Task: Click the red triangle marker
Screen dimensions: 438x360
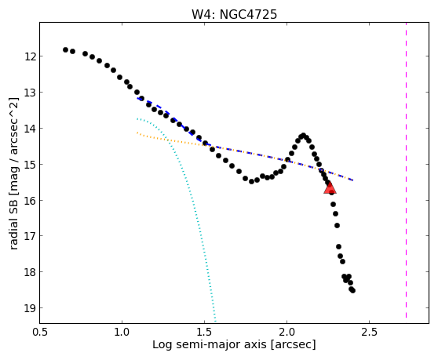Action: pos(330,188)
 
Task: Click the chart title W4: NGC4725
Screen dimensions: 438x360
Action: pos(234,15)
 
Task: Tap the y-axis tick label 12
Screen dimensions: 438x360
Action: pos(30,56)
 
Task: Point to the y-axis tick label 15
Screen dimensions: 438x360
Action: pos(30,165)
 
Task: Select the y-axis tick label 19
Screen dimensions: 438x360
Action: pos(30,308)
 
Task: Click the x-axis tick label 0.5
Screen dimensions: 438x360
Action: pos(40,332)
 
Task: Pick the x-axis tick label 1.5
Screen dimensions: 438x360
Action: pos(204,332)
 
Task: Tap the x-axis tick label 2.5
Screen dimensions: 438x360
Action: pos(369,332)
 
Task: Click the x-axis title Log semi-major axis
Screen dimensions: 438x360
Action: pos(210,345)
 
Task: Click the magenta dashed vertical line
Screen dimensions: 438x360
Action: pos(406,170)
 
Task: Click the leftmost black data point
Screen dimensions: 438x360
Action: pos(65,50)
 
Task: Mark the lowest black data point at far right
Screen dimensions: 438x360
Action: pos(352,290)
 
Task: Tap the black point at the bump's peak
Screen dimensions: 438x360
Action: pos(304,135)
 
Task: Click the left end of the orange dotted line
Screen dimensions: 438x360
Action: pos(137,133)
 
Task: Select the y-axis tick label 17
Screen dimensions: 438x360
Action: pos(30,236)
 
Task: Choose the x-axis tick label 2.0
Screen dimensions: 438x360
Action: pos(287,332)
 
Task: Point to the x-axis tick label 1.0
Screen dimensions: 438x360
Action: pos(122,332)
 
